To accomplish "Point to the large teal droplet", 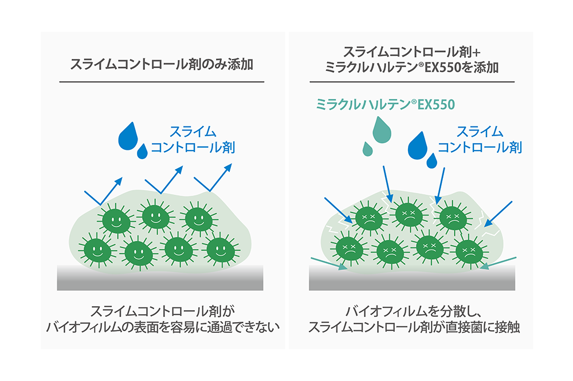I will [379, 130].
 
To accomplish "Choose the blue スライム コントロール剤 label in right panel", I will [480, 139].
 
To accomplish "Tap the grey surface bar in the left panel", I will [160, 277].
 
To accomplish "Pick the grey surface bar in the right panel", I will [412, 279].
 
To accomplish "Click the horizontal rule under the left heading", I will [161, 82].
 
